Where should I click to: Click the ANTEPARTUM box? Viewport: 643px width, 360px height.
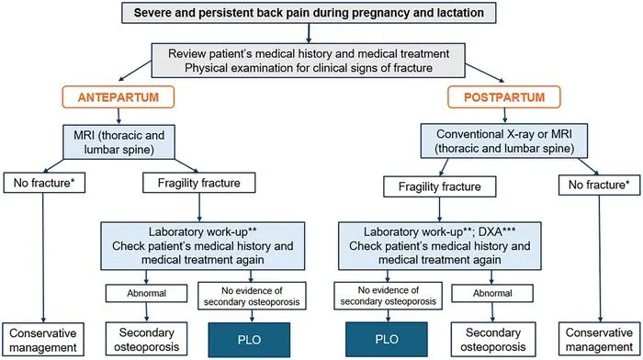pyautogui.click(x=118, y=97)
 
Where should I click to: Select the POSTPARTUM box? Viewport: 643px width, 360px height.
pyautogui.click(x=504, y=97)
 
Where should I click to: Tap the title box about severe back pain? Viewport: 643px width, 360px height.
pyautogui.click(x=309, y=13)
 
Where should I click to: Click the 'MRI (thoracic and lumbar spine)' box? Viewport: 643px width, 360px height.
pyautogui.click(x=118, y=141)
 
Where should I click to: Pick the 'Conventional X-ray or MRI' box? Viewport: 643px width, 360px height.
pyautogui.click(x=504, y=141)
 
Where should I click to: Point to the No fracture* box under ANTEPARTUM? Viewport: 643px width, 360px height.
pyautogui.click(x=44, y=183)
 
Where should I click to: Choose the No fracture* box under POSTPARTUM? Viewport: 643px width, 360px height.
pyautogui.click(x=599, y=185)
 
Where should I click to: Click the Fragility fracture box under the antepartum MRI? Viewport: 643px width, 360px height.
pyautogui.click(x=199, y=183)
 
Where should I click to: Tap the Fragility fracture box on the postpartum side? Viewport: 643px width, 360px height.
pyautogui.click(x=440, y=186)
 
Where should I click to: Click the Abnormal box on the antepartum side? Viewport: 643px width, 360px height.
pyautogui.click(x=146, y=293)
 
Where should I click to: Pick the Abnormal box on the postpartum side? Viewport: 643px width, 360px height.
pyautogui.click(x=492, y=293)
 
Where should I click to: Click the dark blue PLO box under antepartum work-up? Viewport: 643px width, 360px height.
pyautogui.click(x=249, y=340)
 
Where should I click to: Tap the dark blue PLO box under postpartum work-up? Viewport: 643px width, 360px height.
pyautogui.click(x=387, y=339)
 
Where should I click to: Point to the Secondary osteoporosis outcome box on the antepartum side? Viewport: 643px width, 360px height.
pyautogui.click(x=146, y=340)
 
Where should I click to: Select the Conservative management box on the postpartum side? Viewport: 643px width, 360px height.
pyautogui.click(x=599, y=340)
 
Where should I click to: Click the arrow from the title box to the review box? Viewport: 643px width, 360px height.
pyautogui.click(x=309, y=33)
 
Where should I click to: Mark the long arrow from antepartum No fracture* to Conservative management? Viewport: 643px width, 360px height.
pyautogui.click(x=42, y=257)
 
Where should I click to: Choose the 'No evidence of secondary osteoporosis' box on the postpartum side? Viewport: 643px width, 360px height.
pyautogui.click(x=388, y=296)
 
